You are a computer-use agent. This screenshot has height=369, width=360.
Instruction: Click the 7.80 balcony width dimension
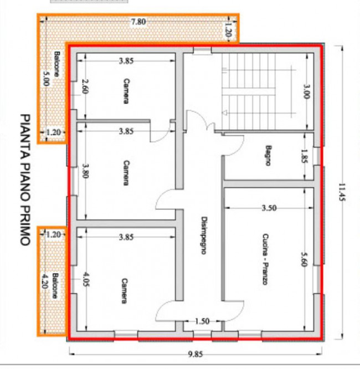click(x=138, y=22)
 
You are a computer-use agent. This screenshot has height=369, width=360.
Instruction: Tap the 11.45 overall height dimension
click(x=342, y=192)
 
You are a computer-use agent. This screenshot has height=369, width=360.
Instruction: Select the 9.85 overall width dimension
click(x=196, y=353)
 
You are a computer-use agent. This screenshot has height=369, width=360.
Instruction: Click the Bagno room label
click(x=268, y=156)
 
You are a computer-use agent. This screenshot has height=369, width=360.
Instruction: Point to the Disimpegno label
click(x=204, y=235)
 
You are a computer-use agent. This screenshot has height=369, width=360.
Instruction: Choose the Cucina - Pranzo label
click(x=265, y=259)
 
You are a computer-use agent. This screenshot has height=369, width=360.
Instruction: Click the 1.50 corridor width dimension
click(x=202, y=321)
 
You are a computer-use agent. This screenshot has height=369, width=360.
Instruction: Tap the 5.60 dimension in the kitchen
click(x=304, y=259)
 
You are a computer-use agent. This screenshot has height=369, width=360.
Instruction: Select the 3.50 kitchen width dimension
click(x=269, y=208)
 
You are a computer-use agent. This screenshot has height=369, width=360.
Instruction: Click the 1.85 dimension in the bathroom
click(x=305, y=156)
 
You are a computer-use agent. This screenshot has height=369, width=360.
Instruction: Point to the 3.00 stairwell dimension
click(x=307, y=91)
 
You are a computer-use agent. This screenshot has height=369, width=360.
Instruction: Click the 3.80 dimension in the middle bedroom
click(x=85, y=171)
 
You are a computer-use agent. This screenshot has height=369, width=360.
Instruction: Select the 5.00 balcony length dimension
click(x=46, y=78)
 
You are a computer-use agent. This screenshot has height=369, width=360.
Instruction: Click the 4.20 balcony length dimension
click(x=44, y=280)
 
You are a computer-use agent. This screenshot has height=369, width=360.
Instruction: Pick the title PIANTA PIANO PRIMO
click(x=25, y=180)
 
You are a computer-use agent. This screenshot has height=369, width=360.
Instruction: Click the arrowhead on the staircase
click(x=224, y=113)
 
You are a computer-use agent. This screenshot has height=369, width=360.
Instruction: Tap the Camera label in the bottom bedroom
click(x=125, y=291)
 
